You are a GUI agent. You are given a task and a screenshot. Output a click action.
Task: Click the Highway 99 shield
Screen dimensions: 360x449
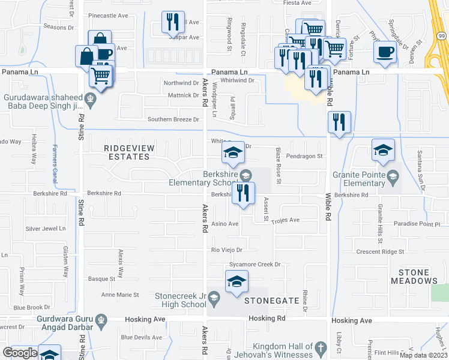(442, 36)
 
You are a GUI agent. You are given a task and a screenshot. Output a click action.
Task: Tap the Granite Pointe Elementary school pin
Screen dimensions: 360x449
(393, 175)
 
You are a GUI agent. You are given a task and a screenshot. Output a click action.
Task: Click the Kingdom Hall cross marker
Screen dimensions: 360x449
(321, 347)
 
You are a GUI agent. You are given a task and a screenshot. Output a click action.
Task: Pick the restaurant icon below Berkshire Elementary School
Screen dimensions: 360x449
(244, 193)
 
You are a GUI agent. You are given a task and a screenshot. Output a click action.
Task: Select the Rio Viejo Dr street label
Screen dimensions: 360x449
(226, 250)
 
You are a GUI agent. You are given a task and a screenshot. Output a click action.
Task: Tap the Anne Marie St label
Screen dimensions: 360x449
(120, 295)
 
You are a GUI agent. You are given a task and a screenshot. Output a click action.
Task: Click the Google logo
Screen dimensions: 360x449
(20, 353)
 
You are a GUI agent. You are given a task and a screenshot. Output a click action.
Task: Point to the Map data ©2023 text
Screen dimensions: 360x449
(423, 355)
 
